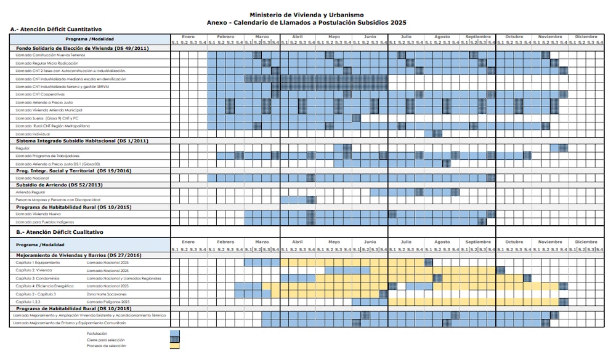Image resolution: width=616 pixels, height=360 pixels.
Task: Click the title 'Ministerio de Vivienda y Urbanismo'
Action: [307, 15]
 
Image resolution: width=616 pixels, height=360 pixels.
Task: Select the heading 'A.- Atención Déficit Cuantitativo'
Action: [56, 30]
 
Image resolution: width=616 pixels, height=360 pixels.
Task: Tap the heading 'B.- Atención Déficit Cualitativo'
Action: [60, 232]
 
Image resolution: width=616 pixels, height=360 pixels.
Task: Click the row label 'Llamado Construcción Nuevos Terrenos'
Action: [46, 55]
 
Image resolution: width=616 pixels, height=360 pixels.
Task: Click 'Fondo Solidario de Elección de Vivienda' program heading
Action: [81, 47]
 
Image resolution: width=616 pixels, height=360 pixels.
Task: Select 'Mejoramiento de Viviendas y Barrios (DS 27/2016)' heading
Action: [79, 255]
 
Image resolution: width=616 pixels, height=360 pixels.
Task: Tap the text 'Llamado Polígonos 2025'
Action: [108, 302]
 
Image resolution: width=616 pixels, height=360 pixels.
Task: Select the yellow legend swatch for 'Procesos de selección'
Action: [175, 346]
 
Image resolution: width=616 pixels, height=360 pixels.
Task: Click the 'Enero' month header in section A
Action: [188, 37]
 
